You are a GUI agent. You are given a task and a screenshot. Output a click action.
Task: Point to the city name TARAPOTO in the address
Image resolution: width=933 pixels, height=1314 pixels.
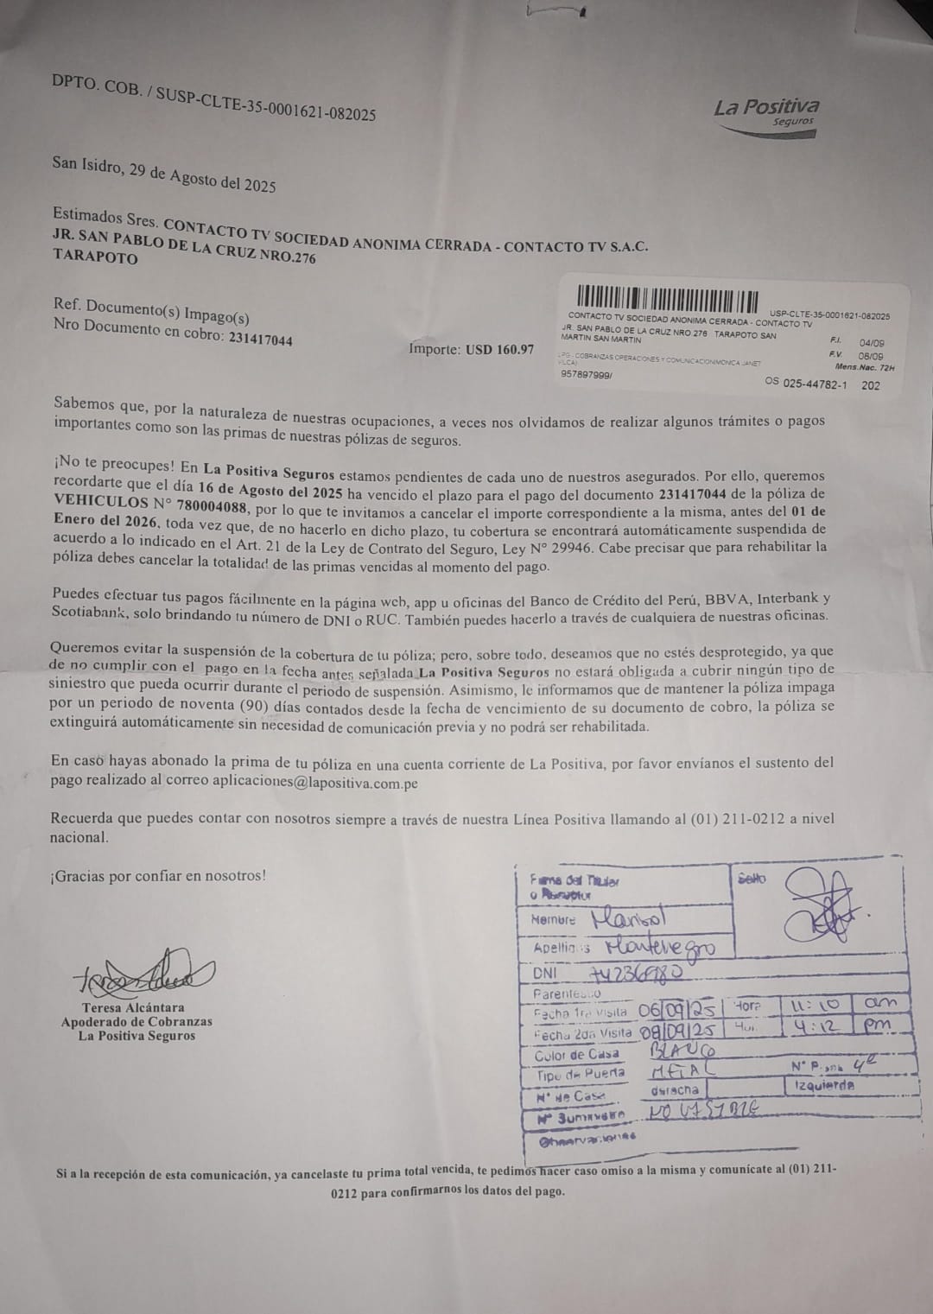(95, 257)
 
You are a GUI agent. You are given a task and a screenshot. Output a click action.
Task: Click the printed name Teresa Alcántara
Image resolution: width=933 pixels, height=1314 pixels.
(133, 1007)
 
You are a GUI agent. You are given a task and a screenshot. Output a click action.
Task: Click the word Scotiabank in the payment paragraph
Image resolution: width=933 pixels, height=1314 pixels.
(89, 613)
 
